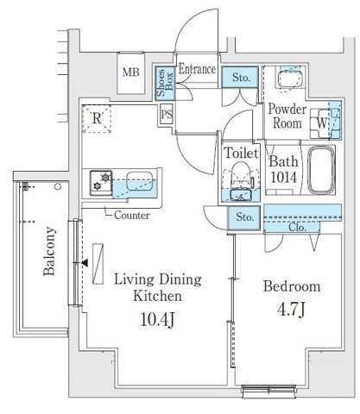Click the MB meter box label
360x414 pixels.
pos(131,72)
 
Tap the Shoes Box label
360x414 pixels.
pos(165,83)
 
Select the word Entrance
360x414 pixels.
pos(197,69)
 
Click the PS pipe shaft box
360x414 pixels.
pos(167,114)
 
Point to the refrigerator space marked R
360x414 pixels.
pos(97,118)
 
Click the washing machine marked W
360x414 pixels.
pos(320,123)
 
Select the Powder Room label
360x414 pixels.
pos(287,116)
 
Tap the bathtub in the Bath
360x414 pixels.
pos(321,170)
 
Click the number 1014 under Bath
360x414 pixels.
pos(283,178)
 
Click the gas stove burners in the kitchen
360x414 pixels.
pos(101,183)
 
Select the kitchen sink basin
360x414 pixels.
pos(139,181)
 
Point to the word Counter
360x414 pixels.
pos(132,215)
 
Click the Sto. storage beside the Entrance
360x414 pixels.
pos(240,77)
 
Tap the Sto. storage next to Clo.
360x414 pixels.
pos(244,217)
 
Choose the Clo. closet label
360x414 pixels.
pos(297,228)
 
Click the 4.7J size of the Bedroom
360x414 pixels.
pos(291,310)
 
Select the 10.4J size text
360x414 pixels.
pos(157,320)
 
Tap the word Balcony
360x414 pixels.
pos(49,251)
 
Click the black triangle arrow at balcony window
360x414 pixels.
pos(85,263)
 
